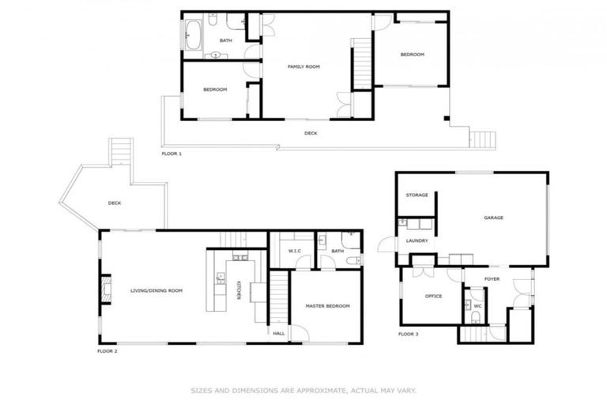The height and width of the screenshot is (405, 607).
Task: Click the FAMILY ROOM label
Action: (303, 67)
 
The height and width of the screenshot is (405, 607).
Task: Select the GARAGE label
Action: (494, 218)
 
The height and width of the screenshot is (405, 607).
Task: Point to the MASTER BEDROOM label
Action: (328, 306)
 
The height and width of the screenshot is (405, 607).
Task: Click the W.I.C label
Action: (294, 252)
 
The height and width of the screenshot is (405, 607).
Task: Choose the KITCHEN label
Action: (238, 290)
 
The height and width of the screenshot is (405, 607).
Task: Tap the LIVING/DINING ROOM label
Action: (156, 291)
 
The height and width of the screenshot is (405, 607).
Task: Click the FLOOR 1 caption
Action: (172, 153)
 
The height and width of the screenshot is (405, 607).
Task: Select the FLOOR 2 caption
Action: (107, 350)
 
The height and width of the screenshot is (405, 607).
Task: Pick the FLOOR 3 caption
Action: (408, 335)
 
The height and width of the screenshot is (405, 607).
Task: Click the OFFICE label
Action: (432, 297)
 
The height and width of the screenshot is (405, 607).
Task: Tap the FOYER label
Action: (492, 278)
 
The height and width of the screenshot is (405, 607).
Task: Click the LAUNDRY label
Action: (417, 240)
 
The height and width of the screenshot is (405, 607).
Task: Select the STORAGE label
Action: (417, 195)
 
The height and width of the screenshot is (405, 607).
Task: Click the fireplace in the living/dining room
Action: (105, 290)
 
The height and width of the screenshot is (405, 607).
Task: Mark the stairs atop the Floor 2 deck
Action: (121, 150)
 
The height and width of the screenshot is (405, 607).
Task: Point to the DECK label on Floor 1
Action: (311, 134)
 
